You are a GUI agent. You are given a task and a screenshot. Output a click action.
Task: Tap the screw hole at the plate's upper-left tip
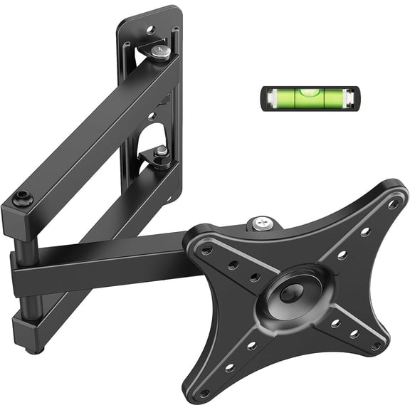[x=206, y=251]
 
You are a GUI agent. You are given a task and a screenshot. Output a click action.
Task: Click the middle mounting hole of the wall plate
[x=151, y=116]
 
